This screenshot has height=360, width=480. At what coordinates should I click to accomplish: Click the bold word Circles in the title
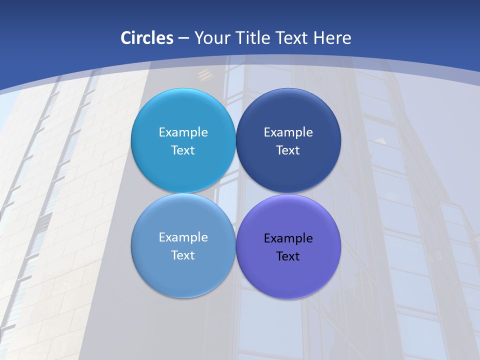pos(147,38)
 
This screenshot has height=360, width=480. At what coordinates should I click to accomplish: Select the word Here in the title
pos(332,38)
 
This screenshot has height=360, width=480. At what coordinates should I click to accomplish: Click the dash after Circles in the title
pos(183,38)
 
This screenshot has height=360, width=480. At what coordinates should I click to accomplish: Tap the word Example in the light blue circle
pos(183,132)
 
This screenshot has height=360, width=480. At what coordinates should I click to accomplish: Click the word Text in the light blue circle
pos(183,150)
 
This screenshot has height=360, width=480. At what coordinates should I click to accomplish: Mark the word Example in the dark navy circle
pos(288,132)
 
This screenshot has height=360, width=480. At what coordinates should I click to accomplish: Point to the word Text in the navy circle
pos(288,150)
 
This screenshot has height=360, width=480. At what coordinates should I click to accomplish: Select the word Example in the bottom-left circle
pos(183,237)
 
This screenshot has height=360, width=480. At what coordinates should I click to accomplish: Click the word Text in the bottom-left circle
pos(183,255)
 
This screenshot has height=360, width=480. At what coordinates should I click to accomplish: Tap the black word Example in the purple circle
pos(288,238)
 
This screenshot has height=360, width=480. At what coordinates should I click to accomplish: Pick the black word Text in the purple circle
pos(288,256)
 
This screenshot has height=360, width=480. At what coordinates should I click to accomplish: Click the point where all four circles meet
pos(235,193)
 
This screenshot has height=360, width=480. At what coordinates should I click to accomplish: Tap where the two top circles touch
pos(235,140)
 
